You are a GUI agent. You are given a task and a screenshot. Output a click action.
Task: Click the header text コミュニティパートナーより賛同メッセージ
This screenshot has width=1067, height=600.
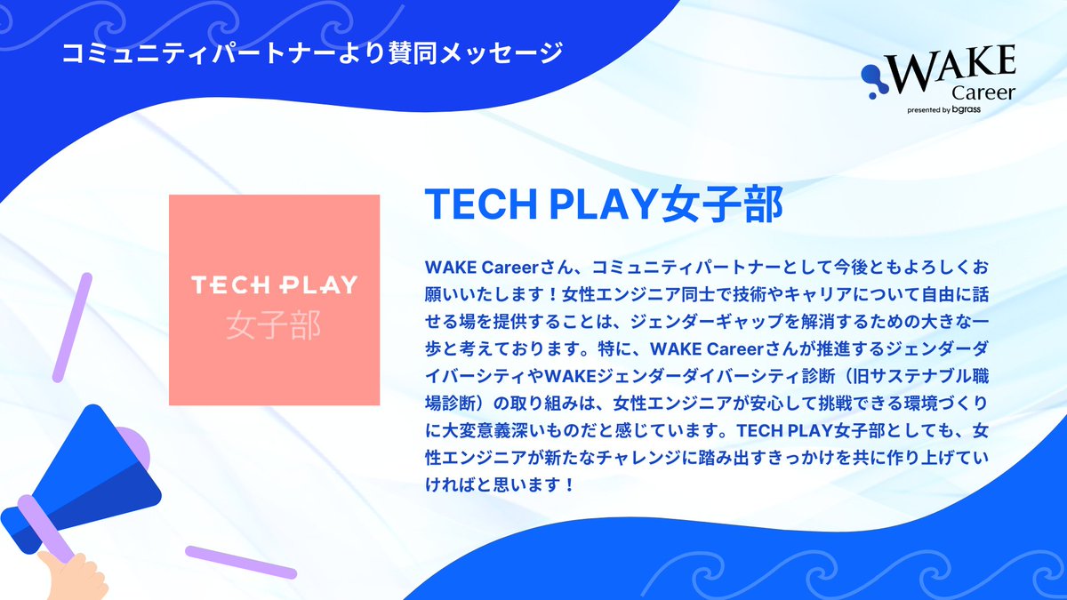coord(312,52)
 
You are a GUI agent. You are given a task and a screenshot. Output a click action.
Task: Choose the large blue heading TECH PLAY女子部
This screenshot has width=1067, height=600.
coord(604,204)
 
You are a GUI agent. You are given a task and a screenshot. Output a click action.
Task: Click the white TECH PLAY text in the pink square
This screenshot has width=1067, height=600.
coord(274,285)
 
